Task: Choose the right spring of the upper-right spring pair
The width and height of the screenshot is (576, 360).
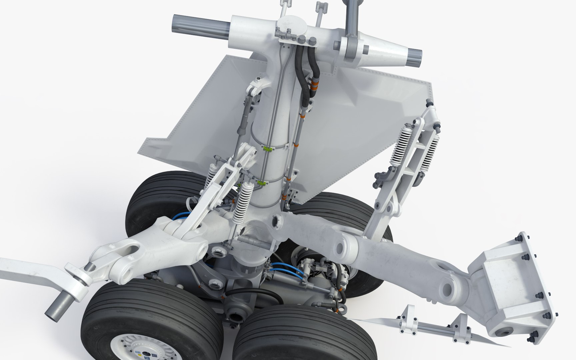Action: pos(429,153)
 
